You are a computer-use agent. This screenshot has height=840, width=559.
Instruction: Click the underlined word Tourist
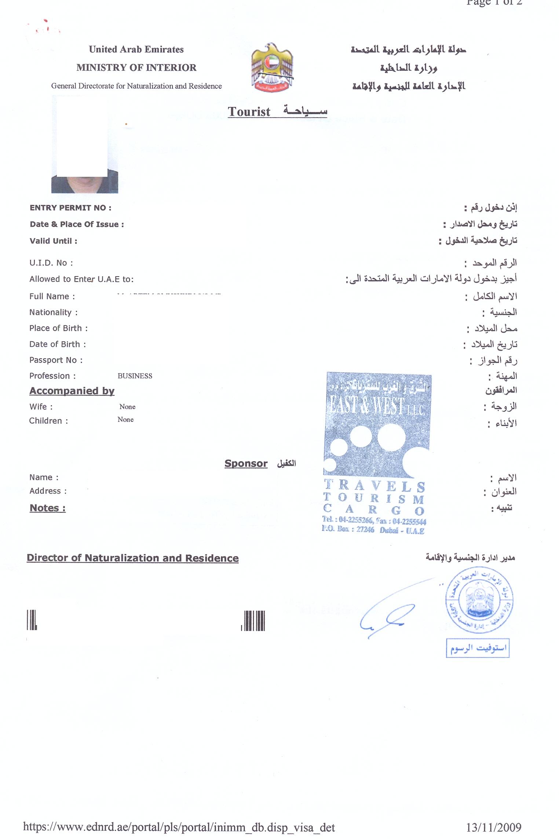pyautogui.click(x=249, y=112)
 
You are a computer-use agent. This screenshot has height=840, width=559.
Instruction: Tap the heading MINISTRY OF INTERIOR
pyautogui.click(x=136, y=68)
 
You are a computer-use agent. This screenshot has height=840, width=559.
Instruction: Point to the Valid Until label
pyautogui.click(x=53, y=241)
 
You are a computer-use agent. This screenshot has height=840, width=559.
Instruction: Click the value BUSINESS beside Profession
pyautogui.click(x=135, y=376)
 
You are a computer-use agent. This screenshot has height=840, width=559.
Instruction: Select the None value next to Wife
pyautogui.click(x=127, y=407)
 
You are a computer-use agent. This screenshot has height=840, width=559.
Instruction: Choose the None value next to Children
pyautogui.click(x=125, y=420)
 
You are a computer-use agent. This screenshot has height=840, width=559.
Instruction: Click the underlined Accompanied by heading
pyautogui.click(x=72, y=391)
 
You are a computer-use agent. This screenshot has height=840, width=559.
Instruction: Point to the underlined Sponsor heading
pyautogui.click(x=246, y=464)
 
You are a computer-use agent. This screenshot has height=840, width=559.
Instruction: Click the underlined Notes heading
pyautogui.click(x=47, y=508)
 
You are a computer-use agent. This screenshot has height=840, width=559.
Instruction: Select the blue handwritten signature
pyautogui.click(x=389, y=616)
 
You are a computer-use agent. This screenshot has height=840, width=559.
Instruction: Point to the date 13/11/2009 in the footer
pyautogui.click(x=494, y=828)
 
